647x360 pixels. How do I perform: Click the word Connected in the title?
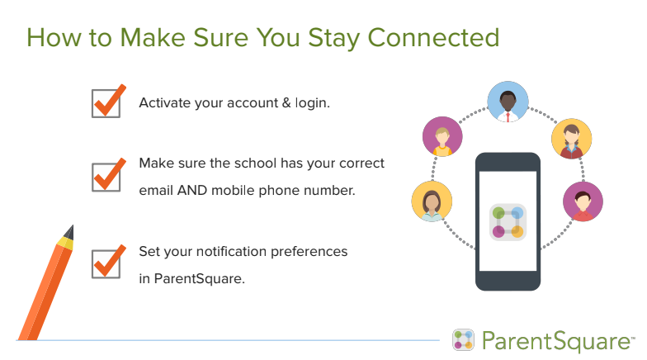point(433,38)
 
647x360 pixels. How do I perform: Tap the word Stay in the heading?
point(333,38)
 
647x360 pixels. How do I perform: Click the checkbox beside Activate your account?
point(106,103)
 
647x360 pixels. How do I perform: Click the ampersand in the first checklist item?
point(286,102)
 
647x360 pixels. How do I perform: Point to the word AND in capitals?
point(191,190)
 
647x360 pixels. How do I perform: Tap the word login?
point(312,103)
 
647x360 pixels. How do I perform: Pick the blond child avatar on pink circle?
point(442,137)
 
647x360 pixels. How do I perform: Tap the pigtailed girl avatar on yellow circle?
point(571,139)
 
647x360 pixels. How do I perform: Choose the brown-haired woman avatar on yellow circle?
point(432,201)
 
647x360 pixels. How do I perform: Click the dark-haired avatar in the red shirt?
point(583,201)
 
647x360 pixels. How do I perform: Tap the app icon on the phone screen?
point(508,222)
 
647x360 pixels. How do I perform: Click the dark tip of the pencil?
point(71,231)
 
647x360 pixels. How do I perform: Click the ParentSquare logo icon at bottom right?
point(464,340)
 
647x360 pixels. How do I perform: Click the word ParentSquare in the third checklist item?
point(200,279)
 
